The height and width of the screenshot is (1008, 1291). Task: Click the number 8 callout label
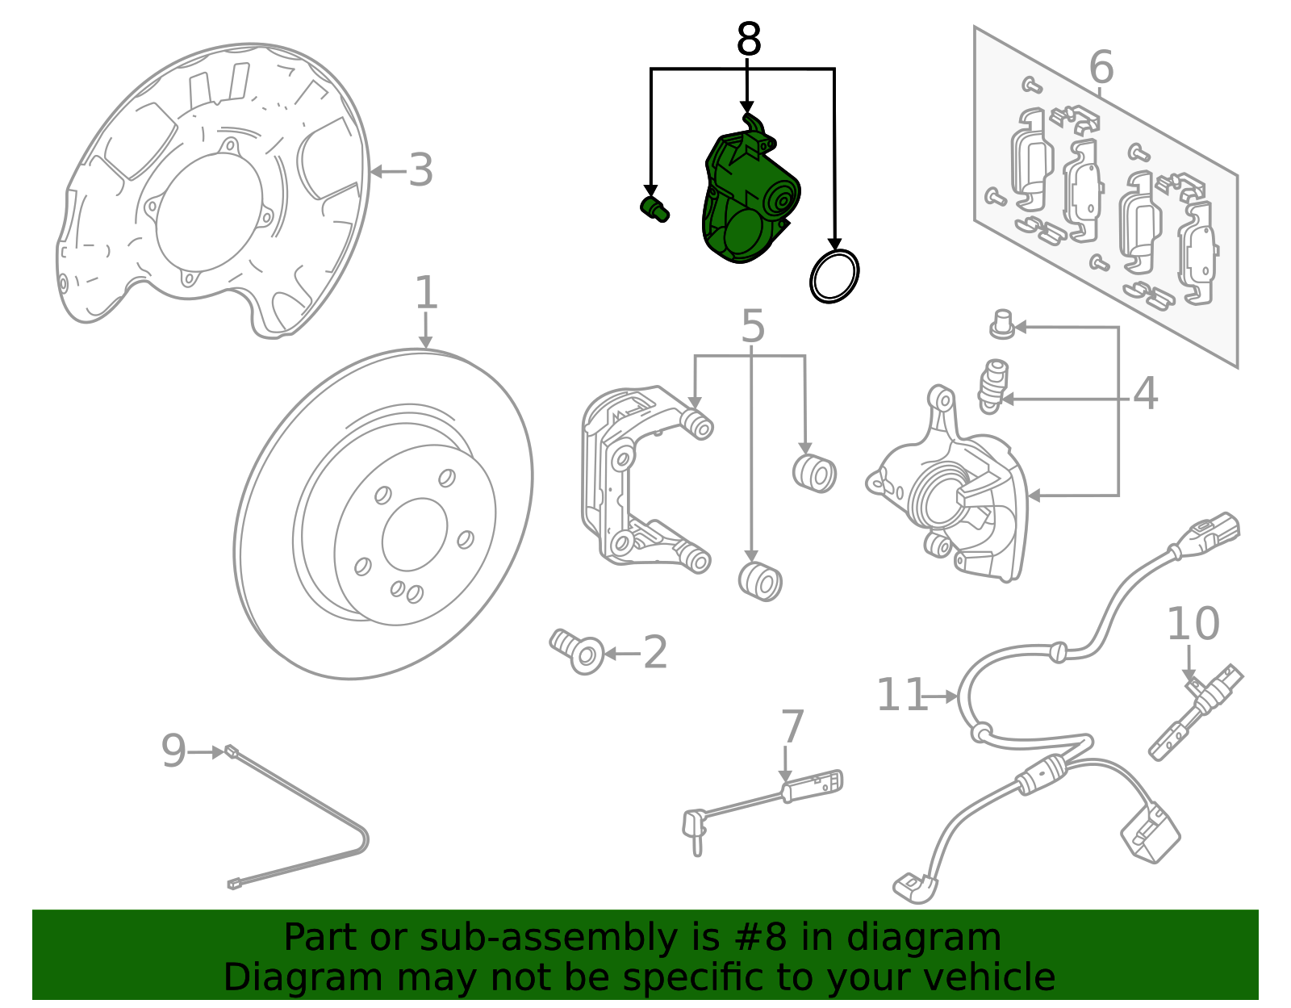tap(749, 40)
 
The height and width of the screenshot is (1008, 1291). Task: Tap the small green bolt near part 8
tap(654, 208)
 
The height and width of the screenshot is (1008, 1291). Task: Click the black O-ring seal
tap(834, 276)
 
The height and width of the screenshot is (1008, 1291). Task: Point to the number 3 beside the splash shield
tap(420, 171)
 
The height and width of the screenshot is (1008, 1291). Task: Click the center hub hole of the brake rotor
tap(415, 534)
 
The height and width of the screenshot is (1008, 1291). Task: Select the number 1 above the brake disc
tap(426, 294)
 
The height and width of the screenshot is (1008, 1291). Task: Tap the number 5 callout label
tap(752, 327)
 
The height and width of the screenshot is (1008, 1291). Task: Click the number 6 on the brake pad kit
tap(1101, 67)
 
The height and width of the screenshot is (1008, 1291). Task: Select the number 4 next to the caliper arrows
tap(1145, 394)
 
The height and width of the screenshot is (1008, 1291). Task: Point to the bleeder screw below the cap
tap(992, 385)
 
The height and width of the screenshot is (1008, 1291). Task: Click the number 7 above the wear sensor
tap(792, 726)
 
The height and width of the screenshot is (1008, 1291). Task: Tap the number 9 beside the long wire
tap(173, 751)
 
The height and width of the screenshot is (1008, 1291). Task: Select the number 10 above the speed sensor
tap(1193, 625)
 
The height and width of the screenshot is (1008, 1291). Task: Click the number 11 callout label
tap(901, 695)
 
